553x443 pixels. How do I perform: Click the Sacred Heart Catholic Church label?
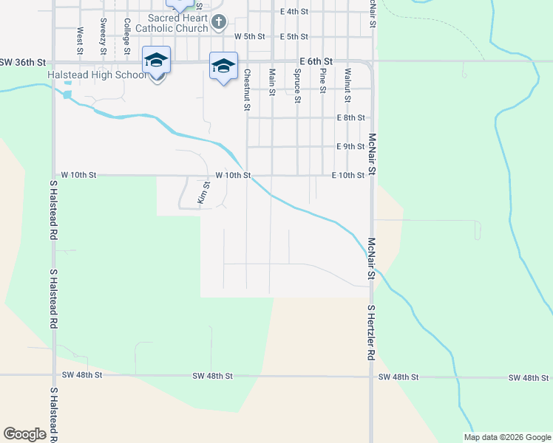tap(177, 23)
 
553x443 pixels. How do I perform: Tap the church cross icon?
tap(218, 23)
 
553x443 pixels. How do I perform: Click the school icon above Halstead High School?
tap(157, 60)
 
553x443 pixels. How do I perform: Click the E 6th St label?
tap(316, 61)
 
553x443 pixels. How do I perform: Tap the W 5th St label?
tap(249, 36)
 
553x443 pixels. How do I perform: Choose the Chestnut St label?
tap(247, 90)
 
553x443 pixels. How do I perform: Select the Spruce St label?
tap(297, 86)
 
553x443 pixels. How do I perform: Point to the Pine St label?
tap(322, 80)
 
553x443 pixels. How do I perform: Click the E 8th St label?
tap(350, 117)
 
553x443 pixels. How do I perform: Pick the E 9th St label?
tap(350, 146)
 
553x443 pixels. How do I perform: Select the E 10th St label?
tap(347, 175)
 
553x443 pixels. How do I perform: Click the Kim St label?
tap(203, 194)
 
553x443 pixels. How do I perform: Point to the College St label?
tap(127, 34)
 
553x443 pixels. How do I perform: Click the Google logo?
tap(24, 434)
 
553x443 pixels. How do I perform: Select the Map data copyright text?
tap(507, 437)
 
